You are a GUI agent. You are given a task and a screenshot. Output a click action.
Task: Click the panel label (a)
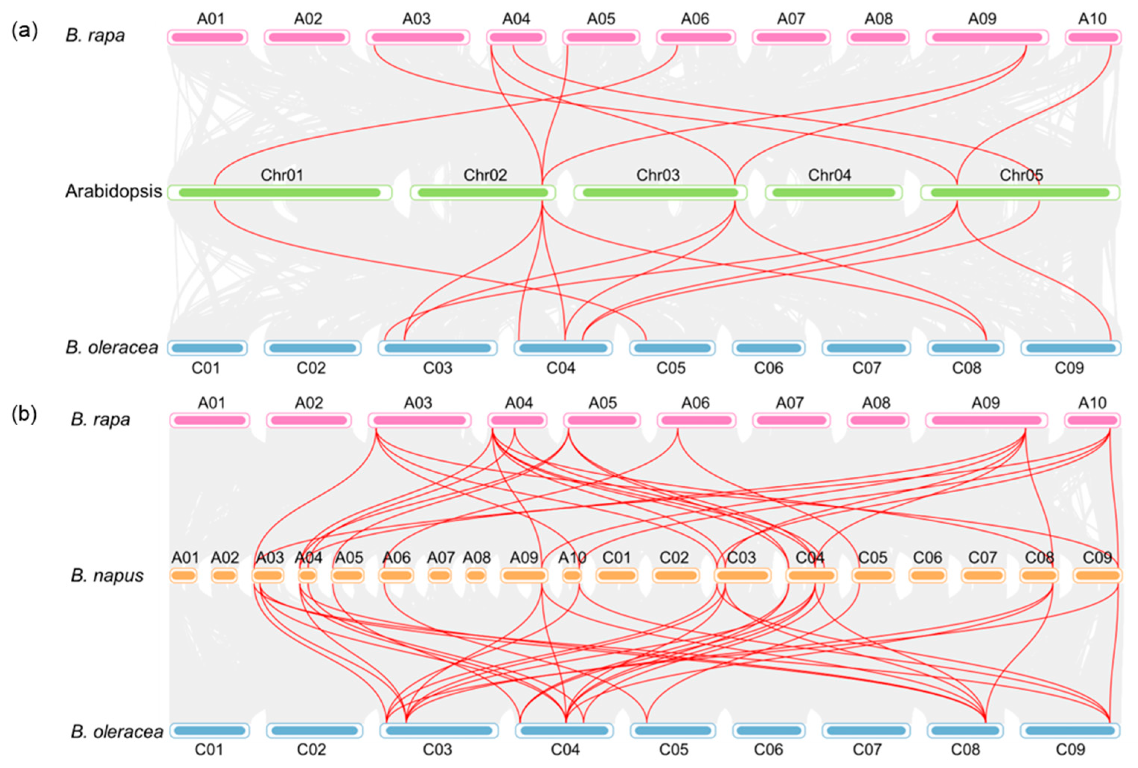coord(25,31)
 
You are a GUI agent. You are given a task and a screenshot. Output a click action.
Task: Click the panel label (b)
coord(25,415)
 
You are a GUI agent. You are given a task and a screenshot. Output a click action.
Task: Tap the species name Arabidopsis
coord(113,191)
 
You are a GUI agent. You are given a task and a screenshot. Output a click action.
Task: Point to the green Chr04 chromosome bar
coord(833,192)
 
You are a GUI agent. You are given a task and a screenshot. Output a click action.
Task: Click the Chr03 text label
coord(658,175)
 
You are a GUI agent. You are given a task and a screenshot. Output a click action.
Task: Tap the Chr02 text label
coord(485,175)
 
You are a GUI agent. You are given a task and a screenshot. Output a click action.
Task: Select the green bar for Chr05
coord(1020,192)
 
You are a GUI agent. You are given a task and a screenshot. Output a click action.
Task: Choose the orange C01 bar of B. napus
coord(616,576)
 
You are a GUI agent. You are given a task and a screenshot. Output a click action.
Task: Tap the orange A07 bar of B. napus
coord(440,576)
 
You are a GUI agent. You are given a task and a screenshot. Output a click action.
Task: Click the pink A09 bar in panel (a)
coord(987,37)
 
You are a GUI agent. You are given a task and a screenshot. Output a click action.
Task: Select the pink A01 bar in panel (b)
coord(209,420)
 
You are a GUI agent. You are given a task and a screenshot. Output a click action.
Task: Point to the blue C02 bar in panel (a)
coord(312,348)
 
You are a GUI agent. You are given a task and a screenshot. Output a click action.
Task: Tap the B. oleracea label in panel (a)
coord(112,348)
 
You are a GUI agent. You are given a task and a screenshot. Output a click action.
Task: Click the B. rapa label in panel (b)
coord(101,420)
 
